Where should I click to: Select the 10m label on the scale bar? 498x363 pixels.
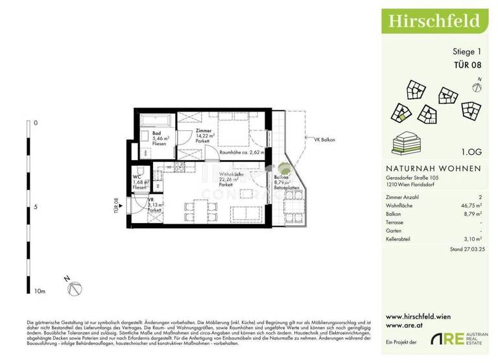click(40, 292)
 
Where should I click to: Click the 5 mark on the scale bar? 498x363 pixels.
click(35, 207)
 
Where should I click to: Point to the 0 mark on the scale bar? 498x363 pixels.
click(36, 123)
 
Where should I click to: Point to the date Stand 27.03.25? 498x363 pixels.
click(464, 249)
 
